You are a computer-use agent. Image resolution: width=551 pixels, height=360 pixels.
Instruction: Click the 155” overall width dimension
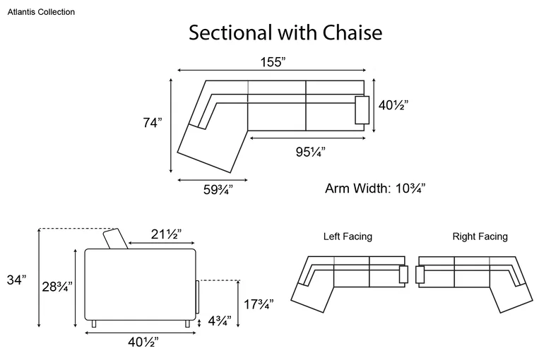pos(273,62)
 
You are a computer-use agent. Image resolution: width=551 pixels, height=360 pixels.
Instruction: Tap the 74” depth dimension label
pos(153,123)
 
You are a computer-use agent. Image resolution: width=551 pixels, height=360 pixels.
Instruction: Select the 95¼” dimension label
pos(310,152)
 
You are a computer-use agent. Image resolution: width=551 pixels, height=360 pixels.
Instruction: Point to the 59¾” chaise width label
pos(218,190)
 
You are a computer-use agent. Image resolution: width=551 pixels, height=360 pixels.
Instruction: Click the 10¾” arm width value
pos(410,188)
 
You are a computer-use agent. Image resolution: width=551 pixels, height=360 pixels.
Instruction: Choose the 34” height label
pos(16,280)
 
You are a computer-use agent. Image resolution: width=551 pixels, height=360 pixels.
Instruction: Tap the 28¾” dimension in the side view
pos(57,287)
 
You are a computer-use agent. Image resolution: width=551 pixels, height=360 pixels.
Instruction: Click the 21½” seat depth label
pos(166,234)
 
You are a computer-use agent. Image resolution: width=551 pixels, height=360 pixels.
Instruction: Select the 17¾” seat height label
pos(259,304)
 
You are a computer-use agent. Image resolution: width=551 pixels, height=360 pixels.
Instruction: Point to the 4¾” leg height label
pos(220,320)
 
